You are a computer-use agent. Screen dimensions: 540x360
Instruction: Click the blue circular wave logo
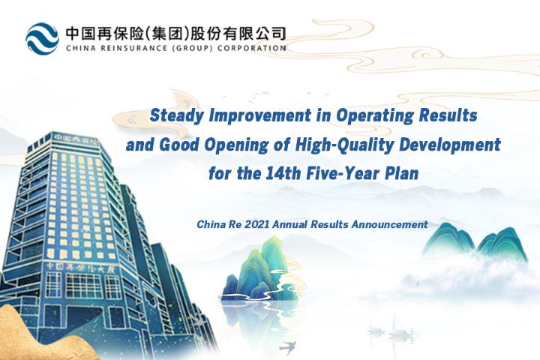coord(42,38)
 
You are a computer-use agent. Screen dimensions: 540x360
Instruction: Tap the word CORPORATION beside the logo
coord(251,48)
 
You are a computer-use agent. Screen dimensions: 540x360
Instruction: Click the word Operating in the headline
coord(375,115)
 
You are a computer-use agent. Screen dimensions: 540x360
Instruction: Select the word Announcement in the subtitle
coord(389,224)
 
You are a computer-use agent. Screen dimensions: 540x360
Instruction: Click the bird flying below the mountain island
coord(287,347)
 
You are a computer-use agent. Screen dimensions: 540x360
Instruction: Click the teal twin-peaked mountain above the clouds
coord(475,242)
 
